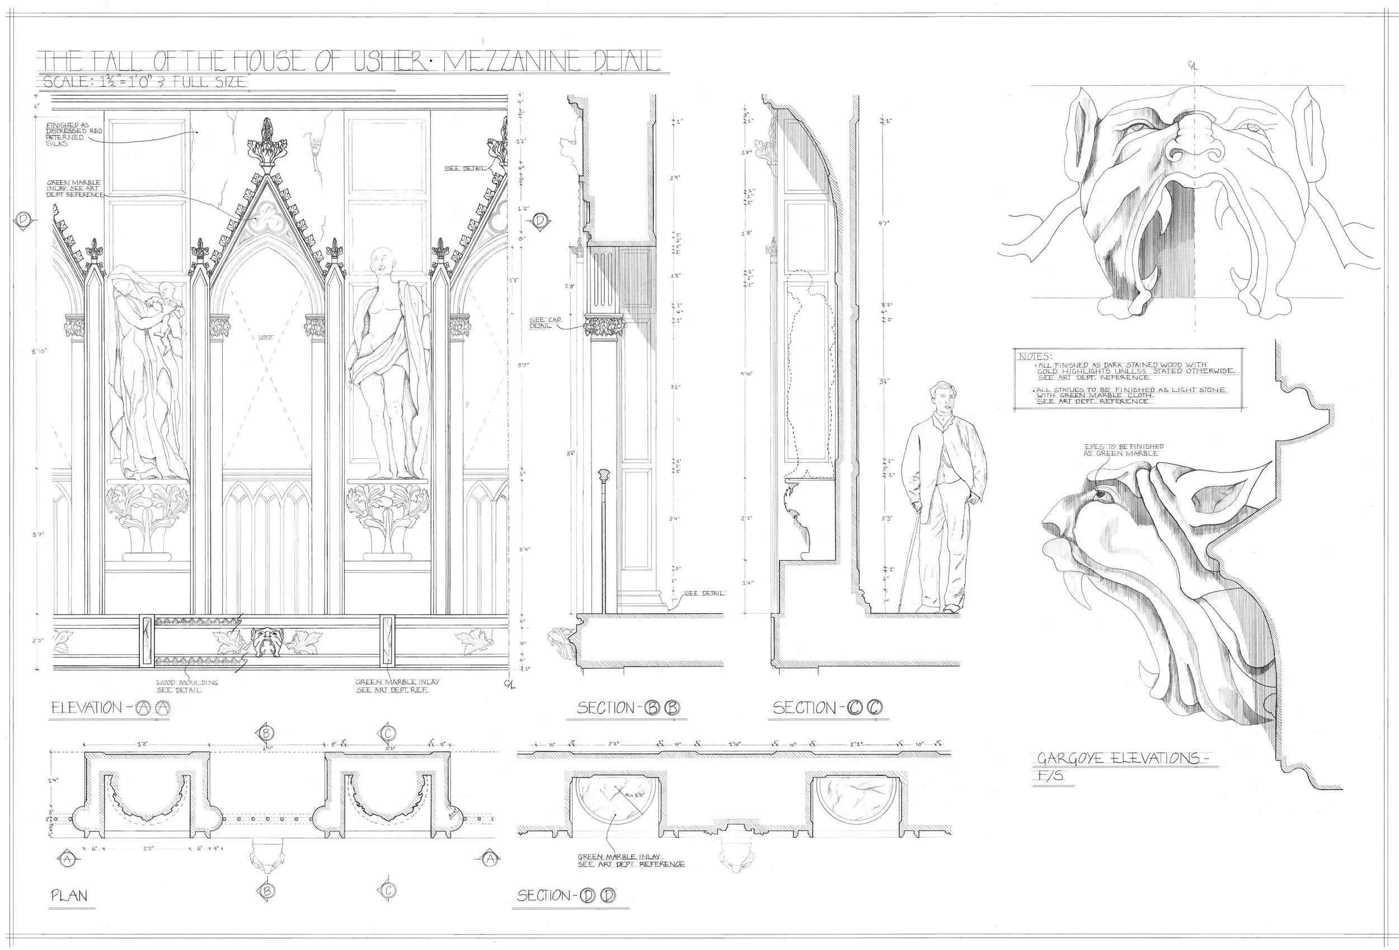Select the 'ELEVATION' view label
coord(87,709)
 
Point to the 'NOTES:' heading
coord(1033,357)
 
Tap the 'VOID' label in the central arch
coord(265,338)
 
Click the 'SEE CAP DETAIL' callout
coord(541,323)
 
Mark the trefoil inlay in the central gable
coord(265,222)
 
